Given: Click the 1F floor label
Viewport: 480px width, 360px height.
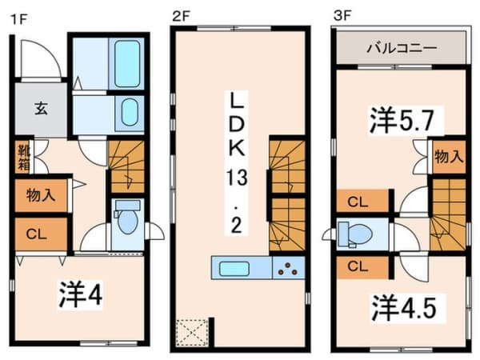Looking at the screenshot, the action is (x=19, y=19).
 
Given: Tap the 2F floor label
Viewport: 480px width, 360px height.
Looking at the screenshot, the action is (x=182, y=16).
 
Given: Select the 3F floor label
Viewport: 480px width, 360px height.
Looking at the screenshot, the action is (x=342, y=16).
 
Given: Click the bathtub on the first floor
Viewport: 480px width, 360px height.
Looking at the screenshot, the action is (x=127, y=64).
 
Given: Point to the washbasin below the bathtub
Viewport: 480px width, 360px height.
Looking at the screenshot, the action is (x=130, y=112).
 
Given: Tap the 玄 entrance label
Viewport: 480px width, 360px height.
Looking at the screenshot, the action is (x=41, y=108).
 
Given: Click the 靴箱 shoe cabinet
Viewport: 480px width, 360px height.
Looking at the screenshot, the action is (x=23, y=157).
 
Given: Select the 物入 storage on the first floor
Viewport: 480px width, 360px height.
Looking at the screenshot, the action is (x=41, y=195).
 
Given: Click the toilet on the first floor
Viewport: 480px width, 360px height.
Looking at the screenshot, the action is (x=127, y=217).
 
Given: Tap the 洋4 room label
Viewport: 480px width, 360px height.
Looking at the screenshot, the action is (x=81, y=294).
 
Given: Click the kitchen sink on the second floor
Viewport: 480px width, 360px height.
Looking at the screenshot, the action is (x=234, y=269).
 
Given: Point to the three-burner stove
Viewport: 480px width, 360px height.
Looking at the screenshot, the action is (x=288, y=268).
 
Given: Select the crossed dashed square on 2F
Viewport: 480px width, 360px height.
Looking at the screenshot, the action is (x=193, y=332).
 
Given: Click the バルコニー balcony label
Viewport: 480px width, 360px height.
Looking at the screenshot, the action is (x=402, y=48).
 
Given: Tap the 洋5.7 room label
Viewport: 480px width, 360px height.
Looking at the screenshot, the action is (x=402, y=120).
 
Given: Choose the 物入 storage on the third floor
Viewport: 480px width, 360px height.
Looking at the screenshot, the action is (x=449, y=157).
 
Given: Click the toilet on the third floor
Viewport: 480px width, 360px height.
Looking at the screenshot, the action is (x=354, y=234).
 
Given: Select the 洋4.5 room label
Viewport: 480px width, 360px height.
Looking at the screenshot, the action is (x=404, y=308).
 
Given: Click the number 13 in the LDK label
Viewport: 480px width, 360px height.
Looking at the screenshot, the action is (x=237, y=178).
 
